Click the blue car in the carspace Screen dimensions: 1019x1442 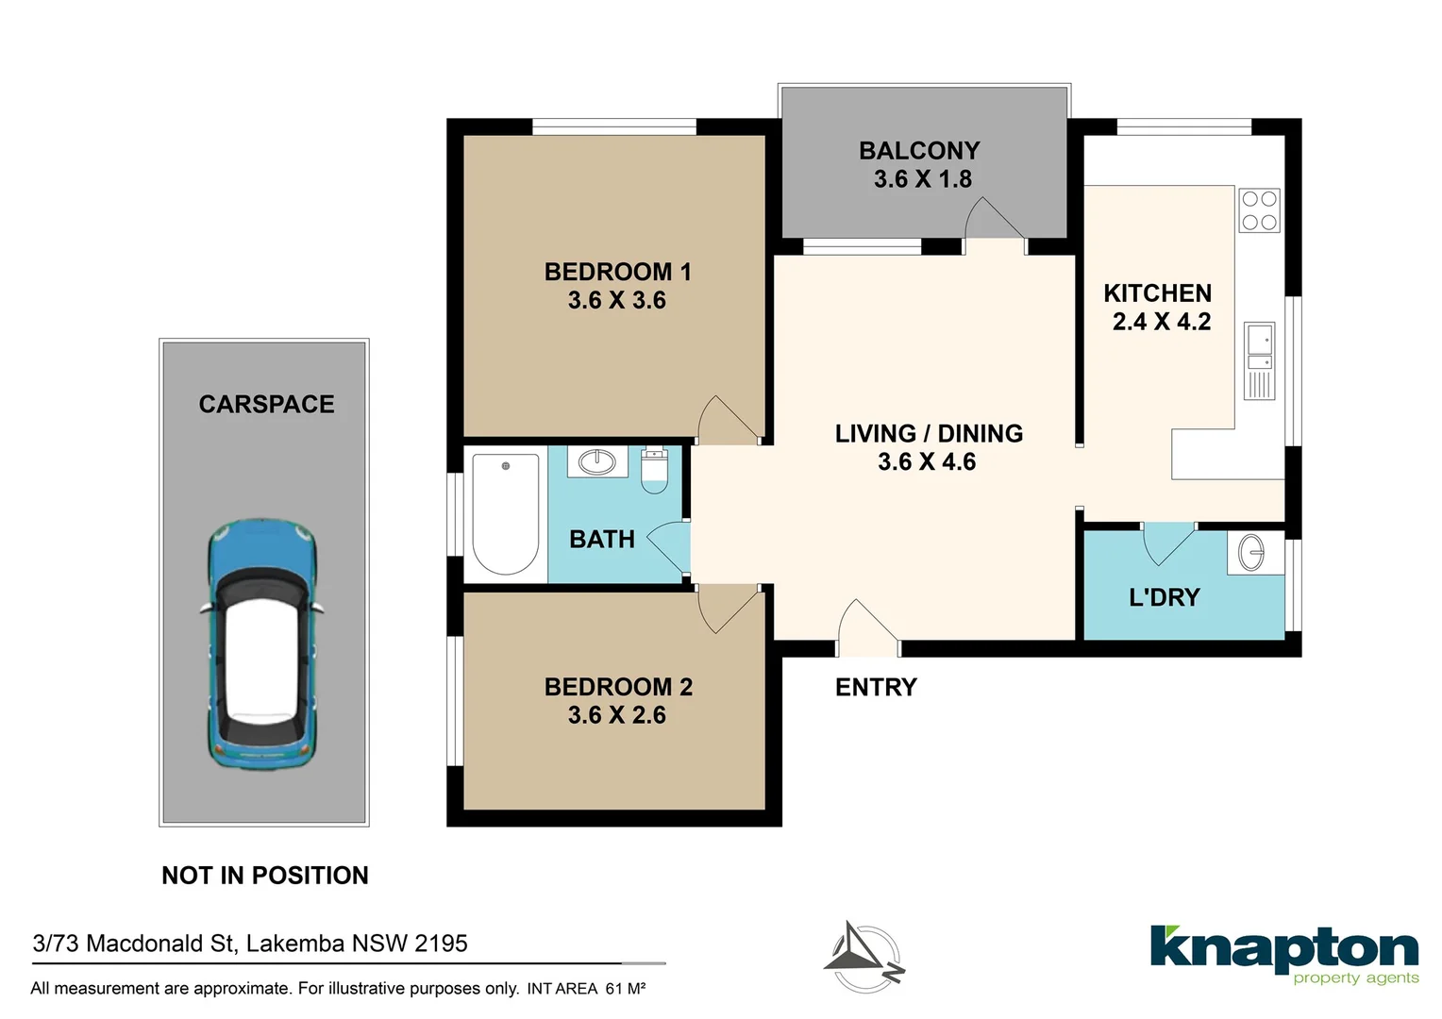pos(261,644)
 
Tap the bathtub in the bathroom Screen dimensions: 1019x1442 pos(505,514)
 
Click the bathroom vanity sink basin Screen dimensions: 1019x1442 pos(596,461)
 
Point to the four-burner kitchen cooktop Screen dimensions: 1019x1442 pos(1259,210)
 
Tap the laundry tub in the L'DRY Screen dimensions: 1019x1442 pos(1251,553)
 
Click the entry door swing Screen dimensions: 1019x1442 pos(865,626)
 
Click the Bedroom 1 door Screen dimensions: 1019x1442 pos(724,421)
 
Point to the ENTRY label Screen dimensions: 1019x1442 pos(876,688)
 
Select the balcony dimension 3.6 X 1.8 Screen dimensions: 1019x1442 pos(922,179)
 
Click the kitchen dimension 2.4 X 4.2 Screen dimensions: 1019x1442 pos(1161,322)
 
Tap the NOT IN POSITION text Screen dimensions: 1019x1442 pos(265,876)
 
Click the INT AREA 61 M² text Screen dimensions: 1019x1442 pos(586,989)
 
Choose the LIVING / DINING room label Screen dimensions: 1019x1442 pos(929,434)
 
